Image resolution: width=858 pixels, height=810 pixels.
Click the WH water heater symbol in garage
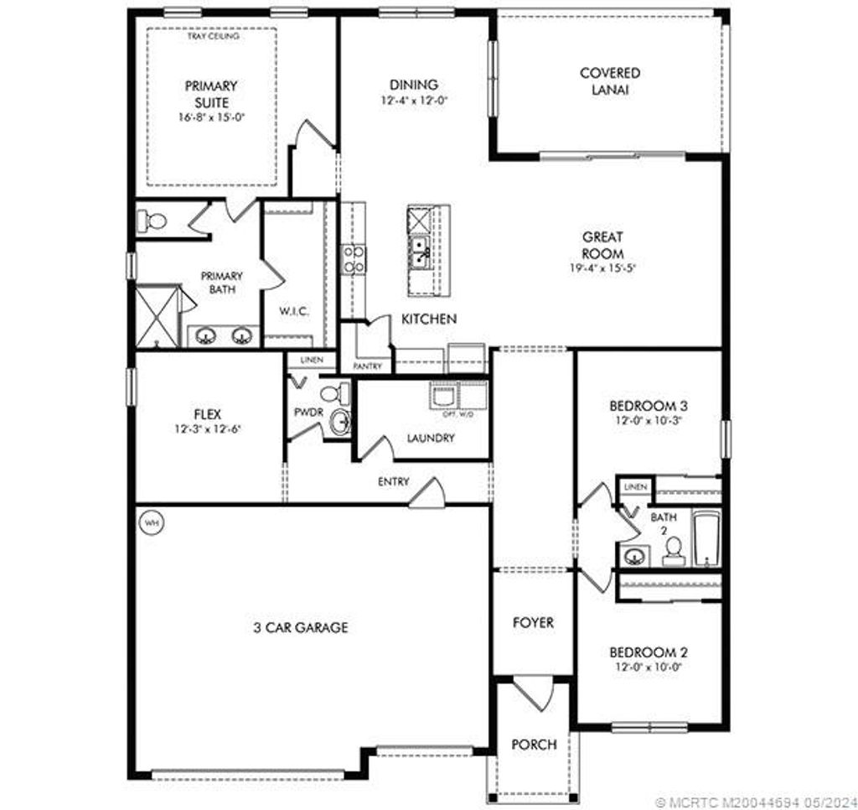point(152,522)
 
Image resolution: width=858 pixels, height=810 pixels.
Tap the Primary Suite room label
point(211,93)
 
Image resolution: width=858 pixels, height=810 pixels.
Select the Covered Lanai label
point(609,81)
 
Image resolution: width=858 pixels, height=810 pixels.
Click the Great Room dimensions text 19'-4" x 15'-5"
point(602,268)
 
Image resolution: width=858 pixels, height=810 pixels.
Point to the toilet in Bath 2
point(672,550)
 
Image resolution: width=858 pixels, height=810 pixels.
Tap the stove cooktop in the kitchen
point(353,258)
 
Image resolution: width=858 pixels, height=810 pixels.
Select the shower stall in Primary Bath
point(157,316)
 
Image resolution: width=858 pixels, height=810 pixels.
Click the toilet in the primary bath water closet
point(152,221)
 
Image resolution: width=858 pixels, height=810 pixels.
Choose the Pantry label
point(368,366)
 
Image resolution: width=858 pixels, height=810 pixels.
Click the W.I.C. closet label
point(294,311)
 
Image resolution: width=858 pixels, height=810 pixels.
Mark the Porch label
point(533,745)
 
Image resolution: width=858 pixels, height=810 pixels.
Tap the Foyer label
point(533,623)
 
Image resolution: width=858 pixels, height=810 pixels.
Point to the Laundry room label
point(431,438)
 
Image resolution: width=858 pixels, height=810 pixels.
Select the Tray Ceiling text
point(213,37)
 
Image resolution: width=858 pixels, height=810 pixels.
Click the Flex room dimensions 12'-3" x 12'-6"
point(207,428)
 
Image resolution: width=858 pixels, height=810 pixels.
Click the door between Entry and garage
point(426,493)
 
